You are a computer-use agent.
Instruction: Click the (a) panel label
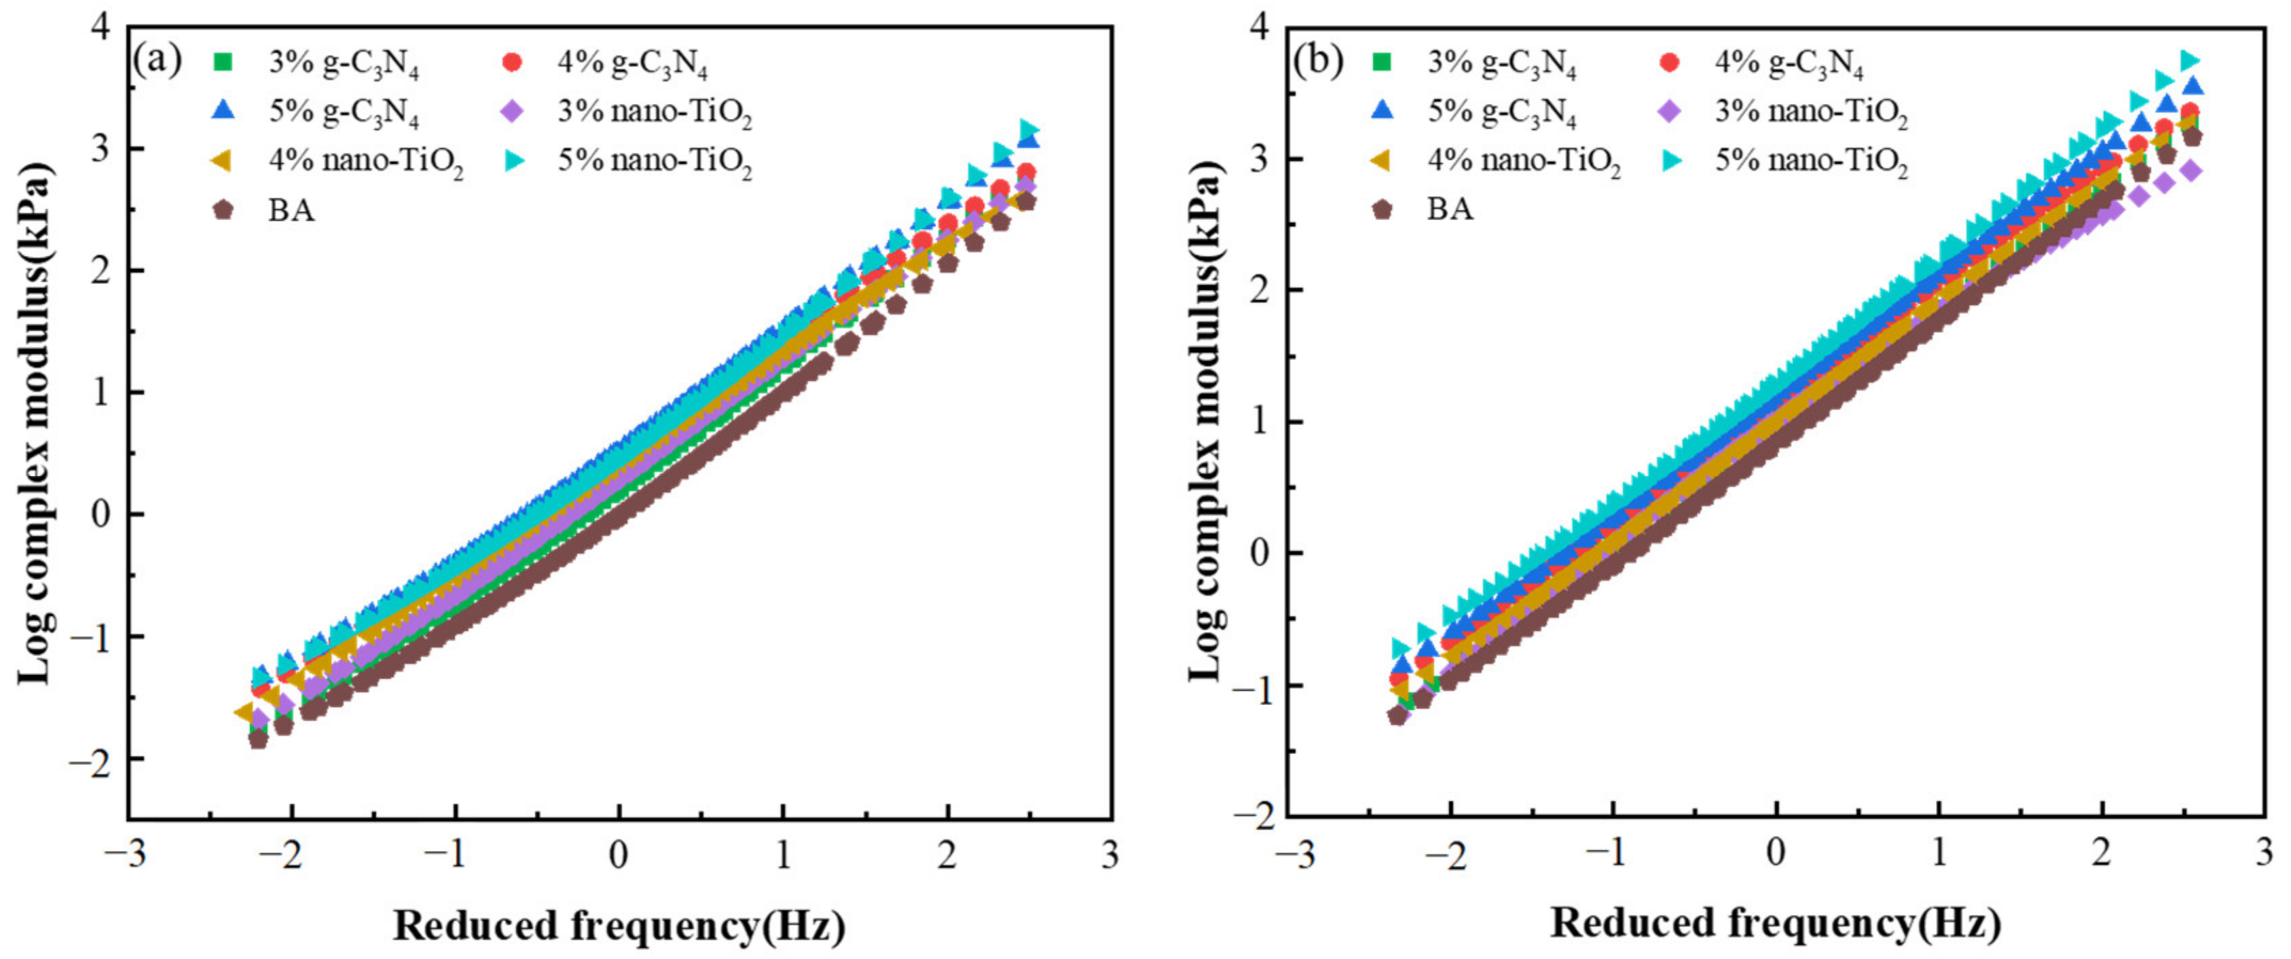157,60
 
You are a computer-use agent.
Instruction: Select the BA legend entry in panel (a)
291,211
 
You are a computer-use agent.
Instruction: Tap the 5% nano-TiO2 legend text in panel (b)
1811,161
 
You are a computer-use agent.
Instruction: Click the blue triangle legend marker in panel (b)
1382,110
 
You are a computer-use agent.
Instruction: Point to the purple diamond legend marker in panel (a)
512,111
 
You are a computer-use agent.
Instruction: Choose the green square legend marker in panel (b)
1382,61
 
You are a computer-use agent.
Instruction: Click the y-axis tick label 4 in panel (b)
1260,26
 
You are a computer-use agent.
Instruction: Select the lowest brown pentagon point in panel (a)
258,738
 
